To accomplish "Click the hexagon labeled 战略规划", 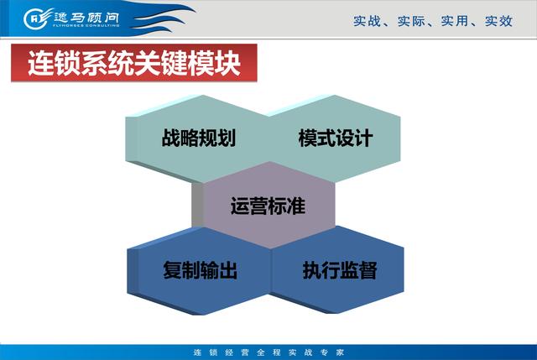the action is coord(198,138).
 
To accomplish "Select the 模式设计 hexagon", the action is coord(335,138).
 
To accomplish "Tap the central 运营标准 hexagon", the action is coord(268,206).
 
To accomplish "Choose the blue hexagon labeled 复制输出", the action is coord(200,270).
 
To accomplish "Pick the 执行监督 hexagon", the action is coord(338,270).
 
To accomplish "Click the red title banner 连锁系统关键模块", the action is coord(134,63).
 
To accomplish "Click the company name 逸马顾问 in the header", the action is coord(86,17).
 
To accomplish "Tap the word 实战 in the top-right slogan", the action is coord(367,21).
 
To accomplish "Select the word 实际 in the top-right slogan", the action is coord(411,21).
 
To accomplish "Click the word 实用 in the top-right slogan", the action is coord(455,21).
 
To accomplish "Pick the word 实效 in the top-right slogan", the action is coord(498,21).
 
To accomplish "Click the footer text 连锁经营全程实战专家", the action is coord(268,352).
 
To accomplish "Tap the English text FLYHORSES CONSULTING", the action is coord(86,25).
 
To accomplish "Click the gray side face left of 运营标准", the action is coord(197,205).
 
